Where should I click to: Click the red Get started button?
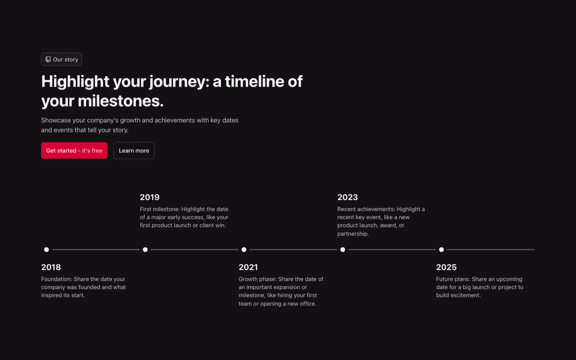74,151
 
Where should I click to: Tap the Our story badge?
62,59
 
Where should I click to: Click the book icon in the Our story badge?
48,59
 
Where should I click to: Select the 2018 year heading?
51,267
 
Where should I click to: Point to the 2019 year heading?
150,197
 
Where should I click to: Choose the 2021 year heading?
248,267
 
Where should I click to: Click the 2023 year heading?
347,197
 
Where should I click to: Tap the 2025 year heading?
446,267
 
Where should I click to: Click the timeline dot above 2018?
47,250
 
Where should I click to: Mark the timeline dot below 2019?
145,250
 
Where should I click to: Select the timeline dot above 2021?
244,250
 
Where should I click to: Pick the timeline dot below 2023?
343,250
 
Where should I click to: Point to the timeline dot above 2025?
442,250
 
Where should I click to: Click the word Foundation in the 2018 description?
56,279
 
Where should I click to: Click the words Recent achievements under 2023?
366,209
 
